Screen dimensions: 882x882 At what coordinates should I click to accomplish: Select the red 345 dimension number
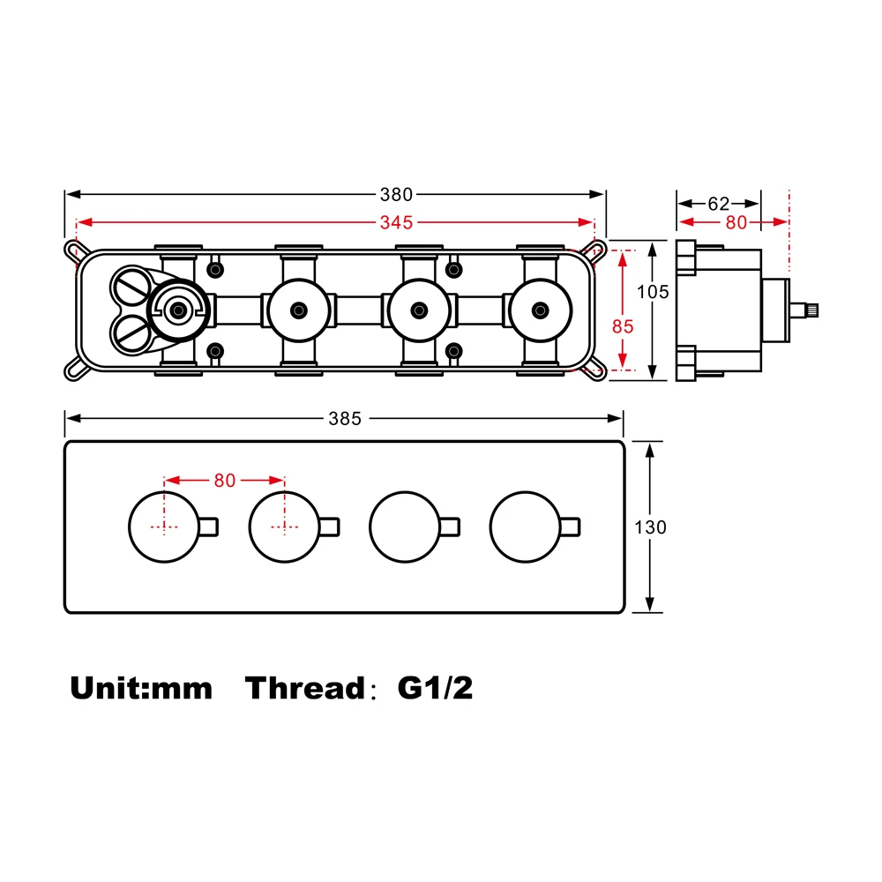pyautogui.click(x=397, y=222)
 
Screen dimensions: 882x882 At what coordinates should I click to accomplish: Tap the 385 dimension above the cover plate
pyautogui.click(x=345, y=419)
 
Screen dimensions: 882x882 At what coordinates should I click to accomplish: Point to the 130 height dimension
pyautogui.click(x=650, y=527)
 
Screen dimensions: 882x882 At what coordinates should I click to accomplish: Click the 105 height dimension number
pyautogui.click(x=653, y=292)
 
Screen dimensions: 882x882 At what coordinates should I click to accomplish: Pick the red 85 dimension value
pyautogui.click(x=623, y=325)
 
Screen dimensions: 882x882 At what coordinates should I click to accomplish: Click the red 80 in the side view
pyautogui.click(x=736, y=222)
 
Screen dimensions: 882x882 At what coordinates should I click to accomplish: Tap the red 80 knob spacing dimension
pyautogui.click(x=225, y=481)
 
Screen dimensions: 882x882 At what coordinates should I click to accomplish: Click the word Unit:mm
pyautogui.click(x=141, y=688)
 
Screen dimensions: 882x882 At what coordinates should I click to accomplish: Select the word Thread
pyautogui.click(x=304, y=688)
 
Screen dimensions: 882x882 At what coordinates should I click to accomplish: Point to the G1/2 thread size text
pyautogui.click(x=435, y=688)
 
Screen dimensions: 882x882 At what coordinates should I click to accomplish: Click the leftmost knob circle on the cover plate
pyautogui.click(x=163, y=527)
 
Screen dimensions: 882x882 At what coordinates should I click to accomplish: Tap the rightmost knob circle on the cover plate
pyautogui.click(x=525, y=527)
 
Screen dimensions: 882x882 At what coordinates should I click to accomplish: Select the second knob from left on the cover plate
pyautogui.click(x=284, y=527)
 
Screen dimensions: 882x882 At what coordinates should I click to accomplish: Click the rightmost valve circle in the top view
pyautogui.click(x=539, y=310)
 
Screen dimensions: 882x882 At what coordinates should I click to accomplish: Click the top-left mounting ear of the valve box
pyautogui.click(x=71, y=250)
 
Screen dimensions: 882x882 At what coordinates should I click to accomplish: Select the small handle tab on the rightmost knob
pyautogui.click(x=572, y=527)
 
